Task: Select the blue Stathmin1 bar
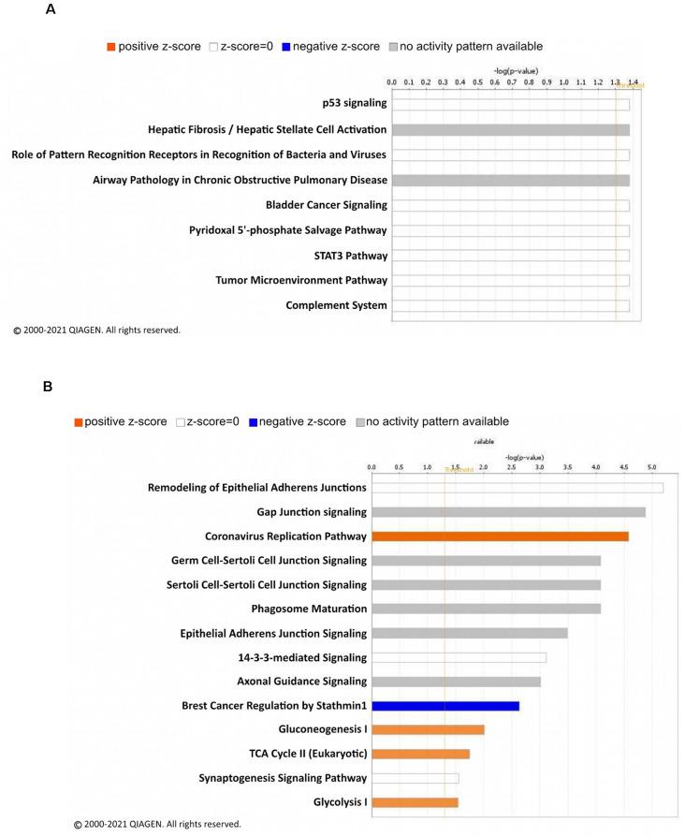tap(445, 706)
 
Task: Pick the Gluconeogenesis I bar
tap(428, 729)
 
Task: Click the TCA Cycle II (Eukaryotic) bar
tap(420, 754)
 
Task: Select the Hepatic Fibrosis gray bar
tap(510, 129)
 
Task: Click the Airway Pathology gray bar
tap(510, 180)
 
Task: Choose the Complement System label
tap(336, 305)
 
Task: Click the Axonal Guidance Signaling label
tap(299, 682)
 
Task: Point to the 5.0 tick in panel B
tap(651, 464)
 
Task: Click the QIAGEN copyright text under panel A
tap(96, 330)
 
